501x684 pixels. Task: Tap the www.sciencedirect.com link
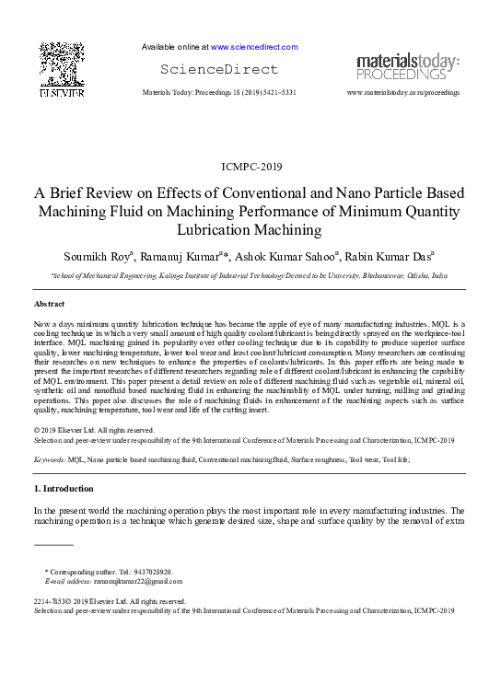pos(253,46)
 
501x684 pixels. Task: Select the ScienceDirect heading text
pos(218,69)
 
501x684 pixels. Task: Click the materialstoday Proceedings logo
pos(408,65)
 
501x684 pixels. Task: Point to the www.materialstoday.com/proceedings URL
pos(402,93)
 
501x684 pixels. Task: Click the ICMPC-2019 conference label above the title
pos(251,167)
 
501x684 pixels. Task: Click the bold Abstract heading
pos(49,303)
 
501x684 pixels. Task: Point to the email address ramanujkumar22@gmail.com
pos(136,581)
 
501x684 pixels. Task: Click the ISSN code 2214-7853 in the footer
pos(52,601)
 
